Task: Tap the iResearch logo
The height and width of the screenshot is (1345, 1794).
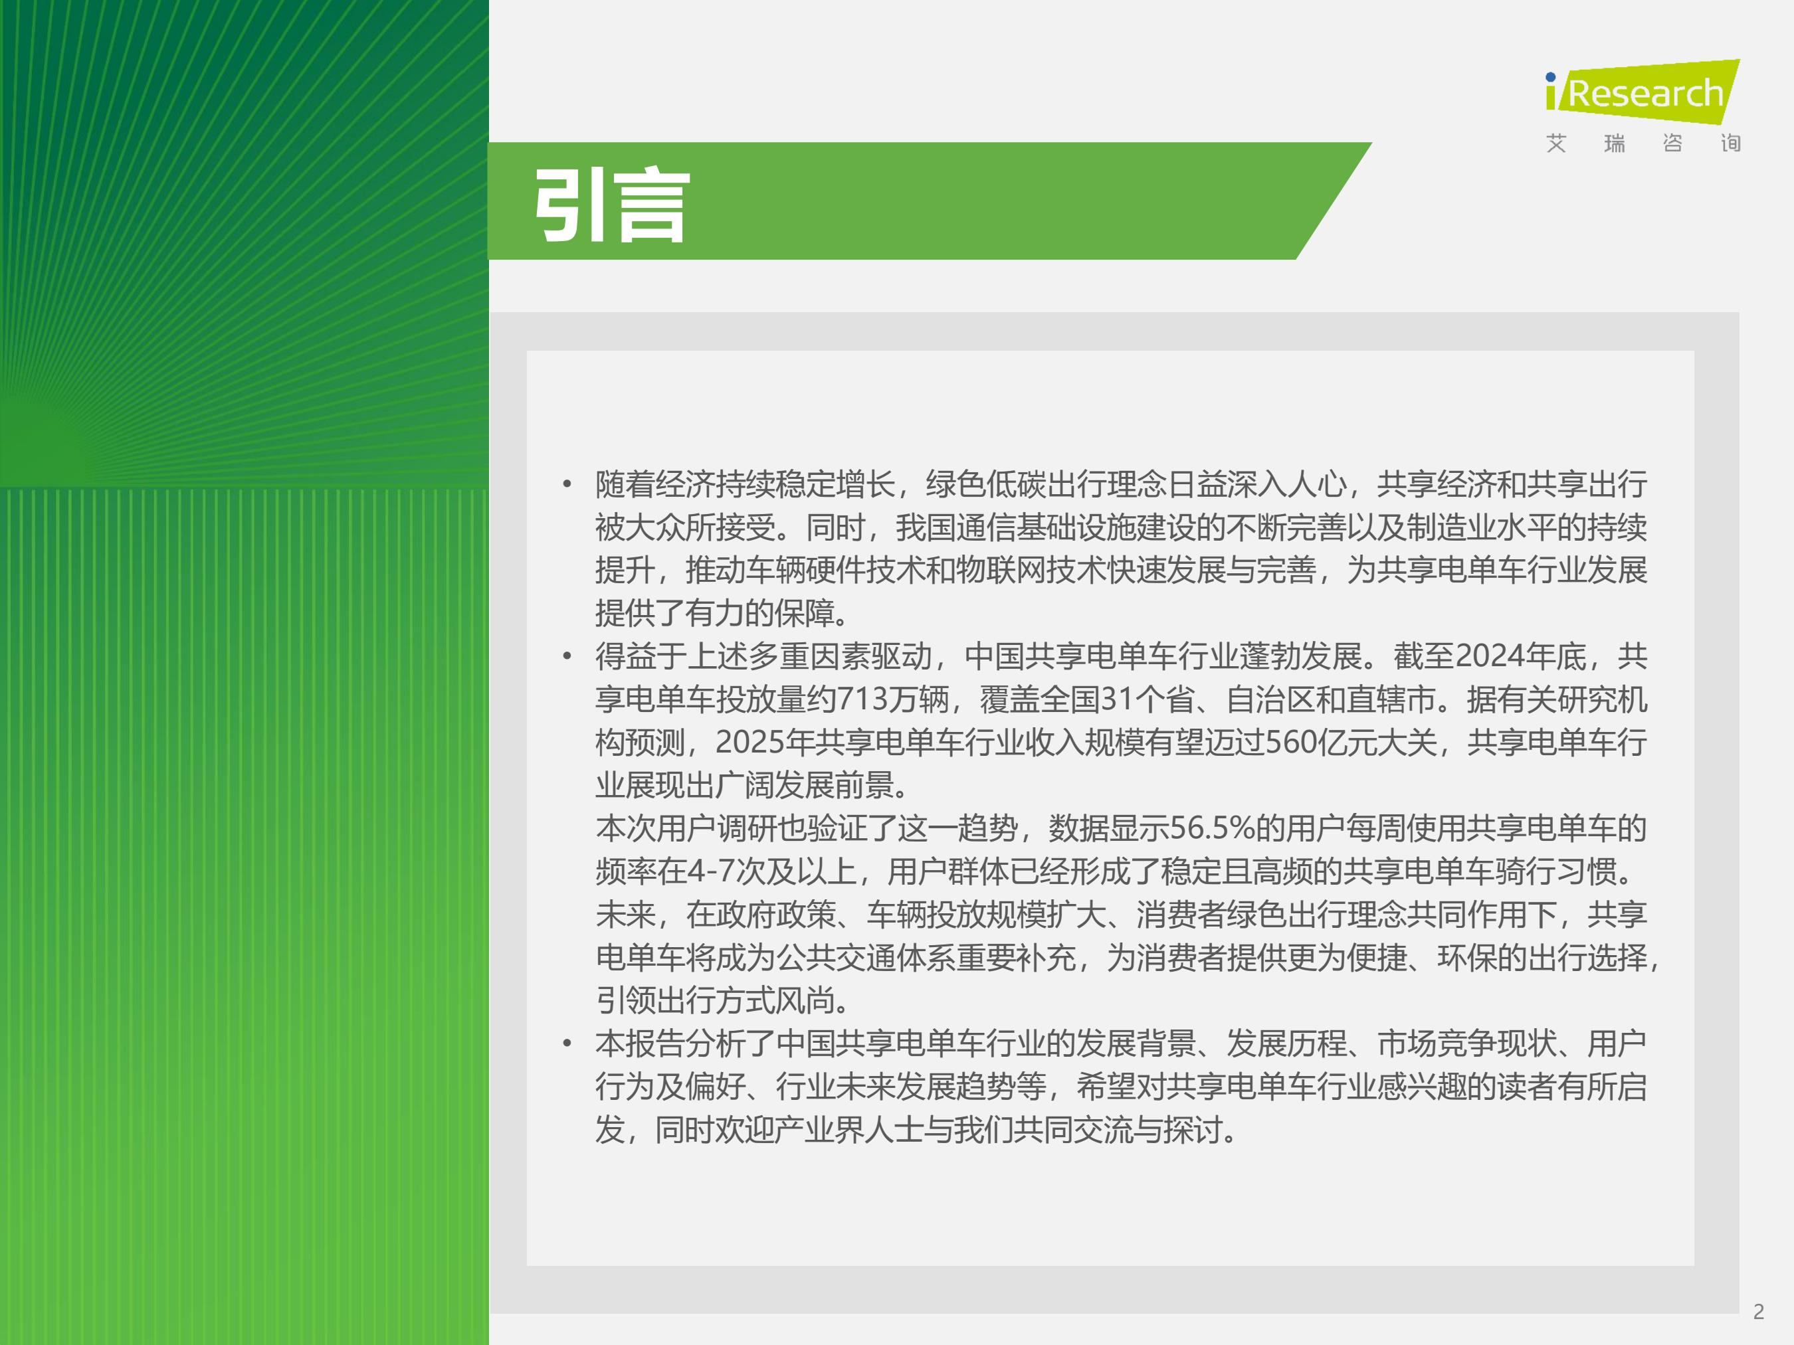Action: tap(1643, 92)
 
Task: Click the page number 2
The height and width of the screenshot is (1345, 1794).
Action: tap(1758, 1311)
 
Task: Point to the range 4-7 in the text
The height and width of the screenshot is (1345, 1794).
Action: tap(710, 871)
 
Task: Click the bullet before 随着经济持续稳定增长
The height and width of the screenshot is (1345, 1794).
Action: tap(567, 485)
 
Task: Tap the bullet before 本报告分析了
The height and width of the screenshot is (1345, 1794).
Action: tap(567, 1044)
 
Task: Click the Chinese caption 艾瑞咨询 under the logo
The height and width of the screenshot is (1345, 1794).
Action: tap(1643, 143)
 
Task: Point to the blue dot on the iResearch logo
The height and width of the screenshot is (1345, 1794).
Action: tap(1551, 78)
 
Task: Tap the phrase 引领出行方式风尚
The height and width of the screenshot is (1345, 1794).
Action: tap(717, 1000)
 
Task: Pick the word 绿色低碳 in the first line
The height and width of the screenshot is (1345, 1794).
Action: tap(985, 484)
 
